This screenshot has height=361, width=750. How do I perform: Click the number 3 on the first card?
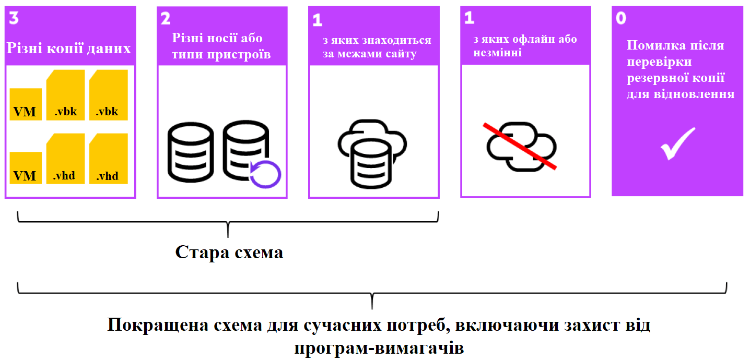14,18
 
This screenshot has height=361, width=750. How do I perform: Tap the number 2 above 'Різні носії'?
165,19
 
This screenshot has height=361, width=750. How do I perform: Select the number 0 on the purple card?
621,18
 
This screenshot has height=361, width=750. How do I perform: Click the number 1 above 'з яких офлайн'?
469,18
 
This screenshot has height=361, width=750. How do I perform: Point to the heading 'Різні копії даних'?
68,49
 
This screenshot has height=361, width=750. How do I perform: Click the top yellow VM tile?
25,105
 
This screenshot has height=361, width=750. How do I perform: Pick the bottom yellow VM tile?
25,169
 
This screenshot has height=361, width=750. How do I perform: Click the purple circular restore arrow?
265,173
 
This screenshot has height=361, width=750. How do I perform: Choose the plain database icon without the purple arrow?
191,152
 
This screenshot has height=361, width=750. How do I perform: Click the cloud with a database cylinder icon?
371,154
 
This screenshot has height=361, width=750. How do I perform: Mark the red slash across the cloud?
520,147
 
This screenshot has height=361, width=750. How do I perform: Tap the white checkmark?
677,143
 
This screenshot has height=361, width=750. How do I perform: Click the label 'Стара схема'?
229,252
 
